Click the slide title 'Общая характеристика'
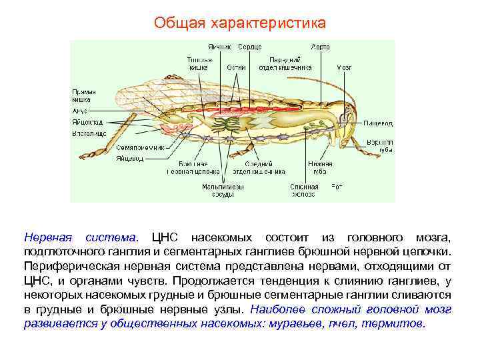pyautogui.click(x=240, y=23)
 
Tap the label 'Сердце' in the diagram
pyautogui.click(x=249, y=47)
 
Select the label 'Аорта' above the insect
pyautogui.click(x=320, y=47)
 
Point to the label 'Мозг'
pyautogui.click(x=344, y=67)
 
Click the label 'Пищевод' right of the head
pyautogui.click(x=378, y=123)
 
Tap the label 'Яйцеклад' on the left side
pyautogui.click(x=88, y=123)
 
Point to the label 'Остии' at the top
pyautogui.click(x=235, y=67)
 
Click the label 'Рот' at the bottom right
pyautogui.click(x=337, y=187)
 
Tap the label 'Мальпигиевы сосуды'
pyautogui.click(x=222, y=191)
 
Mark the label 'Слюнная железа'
pyautogui.click(x=304, y=191)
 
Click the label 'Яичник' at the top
pyautogui.click(x=219, y=47)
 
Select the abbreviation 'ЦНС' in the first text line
pyautogui.click(x=166, y=237)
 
